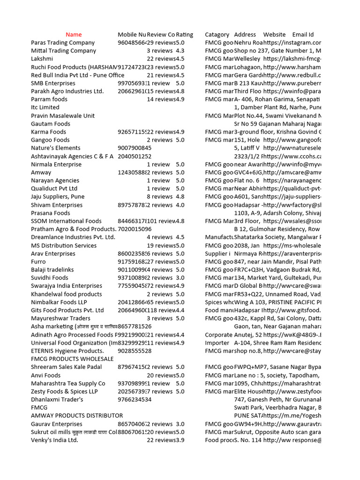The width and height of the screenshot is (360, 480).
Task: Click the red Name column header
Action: (74, 35)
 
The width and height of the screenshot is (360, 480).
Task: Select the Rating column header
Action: (184, 35)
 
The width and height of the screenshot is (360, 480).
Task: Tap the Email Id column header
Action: (303, 35)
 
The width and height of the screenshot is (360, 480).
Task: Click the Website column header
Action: (274, 35)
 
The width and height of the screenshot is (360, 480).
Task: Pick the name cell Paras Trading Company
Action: (63, 43)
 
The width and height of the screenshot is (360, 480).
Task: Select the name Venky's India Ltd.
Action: (54, 440)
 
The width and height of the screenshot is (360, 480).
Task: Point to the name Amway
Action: (41, 172)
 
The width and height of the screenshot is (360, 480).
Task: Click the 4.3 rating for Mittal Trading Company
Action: (180, 51)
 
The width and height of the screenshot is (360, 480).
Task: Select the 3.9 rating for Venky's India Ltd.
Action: (180, 440)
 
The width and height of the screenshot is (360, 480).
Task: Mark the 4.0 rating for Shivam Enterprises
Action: (180, 205)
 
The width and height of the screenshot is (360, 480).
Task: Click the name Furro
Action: (38, 262)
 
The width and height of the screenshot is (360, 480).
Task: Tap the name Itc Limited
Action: (45, 107)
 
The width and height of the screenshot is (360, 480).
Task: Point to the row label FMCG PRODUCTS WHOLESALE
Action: (72, 359)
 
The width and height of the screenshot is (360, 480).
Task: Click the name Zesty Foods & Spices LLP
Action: (64, 391)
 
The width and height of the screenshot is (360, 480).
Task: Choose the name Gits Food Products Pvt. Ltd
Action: (67, 310)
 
